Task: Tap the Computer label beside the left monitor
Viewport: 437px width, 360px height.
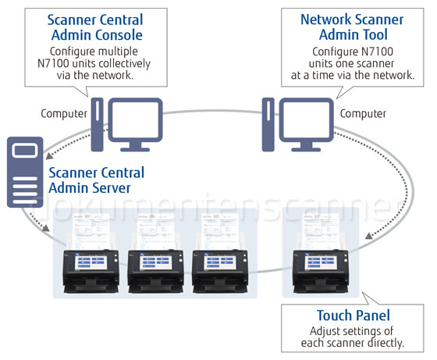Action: [x=63, y=114]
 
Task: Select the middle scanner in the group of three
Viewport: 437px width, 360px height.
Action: [x=156, y=262]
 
